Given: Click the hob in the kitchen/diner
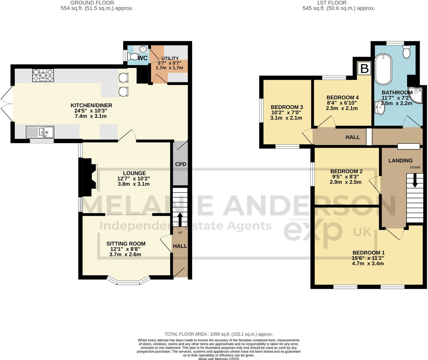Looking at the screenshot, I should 43,75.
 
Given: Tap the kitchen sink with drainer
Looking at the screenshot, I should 40,132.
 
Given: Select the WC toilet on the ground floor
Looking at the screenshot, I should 133,57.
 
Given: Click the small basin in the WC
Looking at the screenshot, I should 143,49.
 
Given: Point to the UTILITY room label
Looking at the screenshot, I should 170,58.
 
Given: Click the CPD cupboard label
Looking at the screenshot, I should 181,164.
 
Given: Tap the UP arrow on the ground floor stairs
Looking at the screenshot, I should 180,219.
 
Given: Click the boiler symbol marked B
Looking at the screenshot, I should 364,68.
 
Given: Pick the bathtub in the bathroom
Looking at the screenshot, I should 383,69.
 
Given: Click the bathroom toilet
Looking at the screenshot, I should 407,52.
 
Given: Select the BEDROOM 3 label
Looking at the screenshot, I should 287,107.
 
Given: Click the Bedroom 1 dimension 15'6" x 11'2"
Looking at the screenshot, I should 368,258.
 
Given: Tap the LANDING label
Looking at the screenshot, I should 400,161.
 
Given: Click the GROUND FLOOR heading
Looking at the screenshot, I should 92,3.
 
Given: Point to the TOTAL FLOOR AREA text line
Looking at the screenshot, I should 218,334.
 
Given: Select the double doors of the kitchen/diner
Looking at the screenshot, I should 7,104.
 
